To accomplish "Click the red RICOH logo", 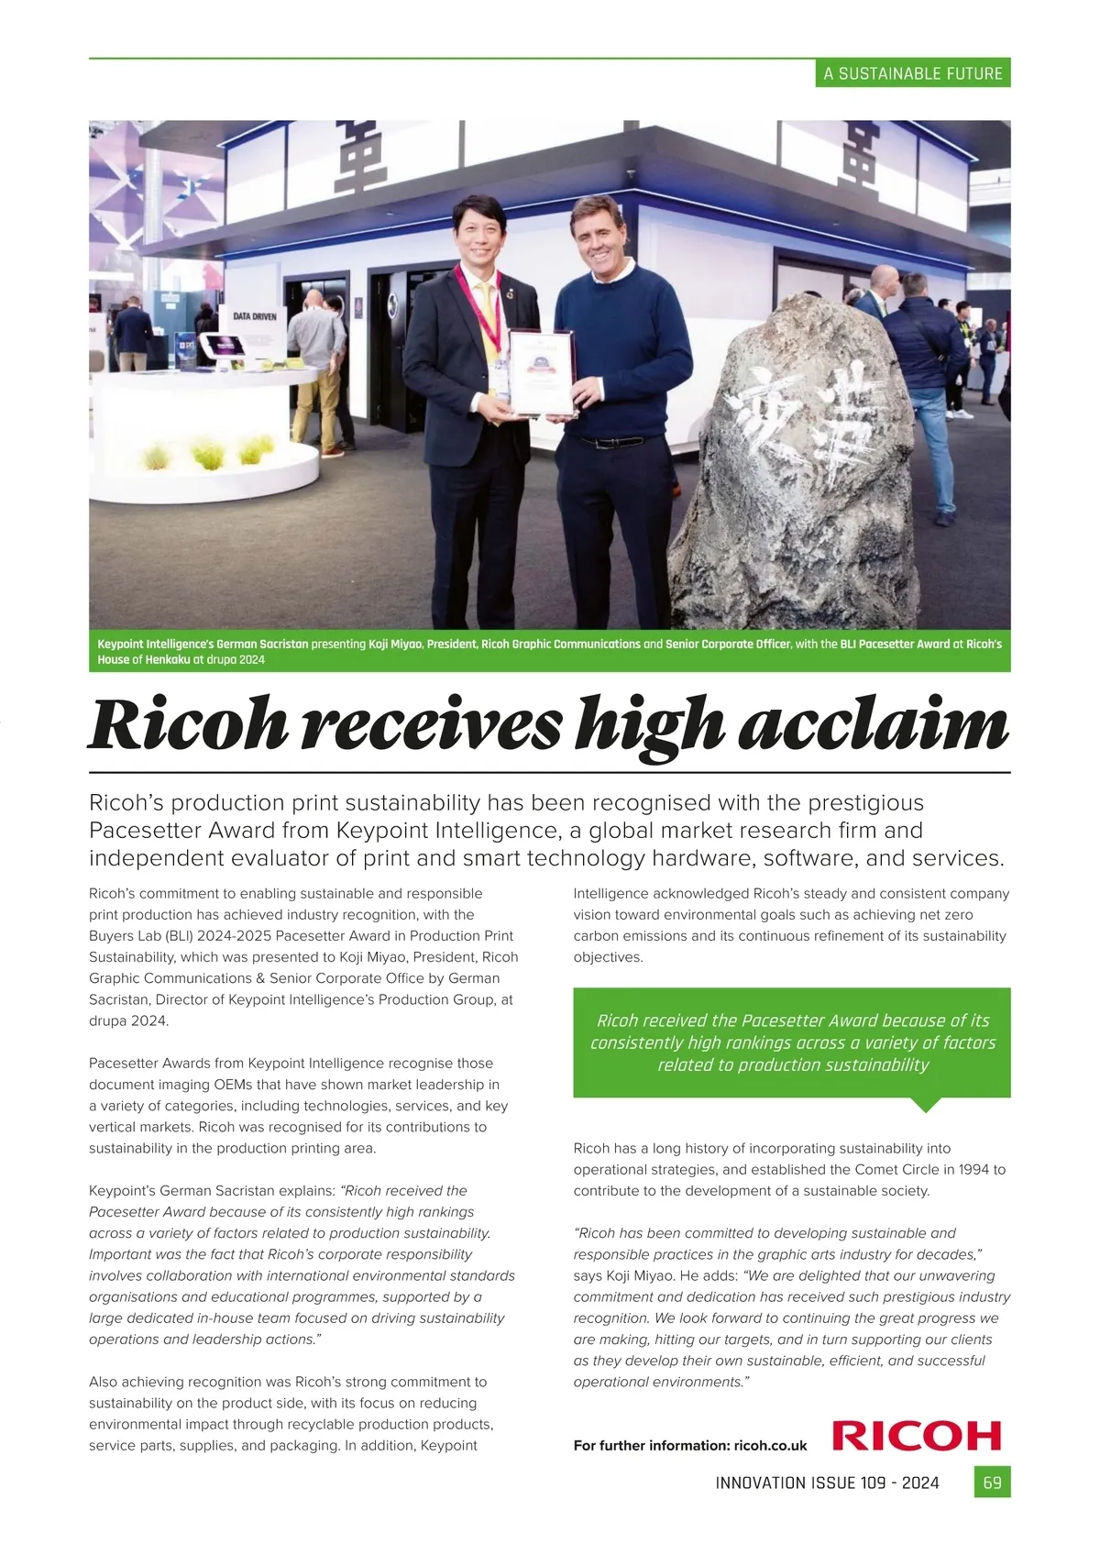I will click(917, 1435).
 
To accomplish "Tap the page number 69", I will click(992, 1483).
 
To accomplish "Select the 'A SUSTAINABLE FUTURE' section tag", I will click(913, 73).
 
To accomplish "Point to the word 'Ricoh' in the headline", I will click(187, 725).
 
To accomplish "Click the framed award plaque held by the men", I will click(542, 372).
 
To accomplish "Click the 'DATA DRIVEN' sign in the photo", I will click(254, 316).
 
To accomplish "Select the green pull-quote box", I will click(792, 1042).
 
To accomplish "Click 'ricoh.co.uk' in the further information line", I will click(770, 1446).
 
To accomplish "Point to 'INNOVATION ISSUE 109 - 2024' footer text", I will click(827, 1483).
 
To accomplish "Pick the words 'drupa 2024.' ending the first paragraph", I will click(129, 1021).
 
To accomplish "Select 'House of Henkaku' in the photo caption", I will click(143, 660).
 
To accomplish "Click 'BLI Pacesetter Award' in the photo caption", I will click(895, 645).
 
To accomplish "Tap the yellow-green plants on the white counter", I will click(207, 452).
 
